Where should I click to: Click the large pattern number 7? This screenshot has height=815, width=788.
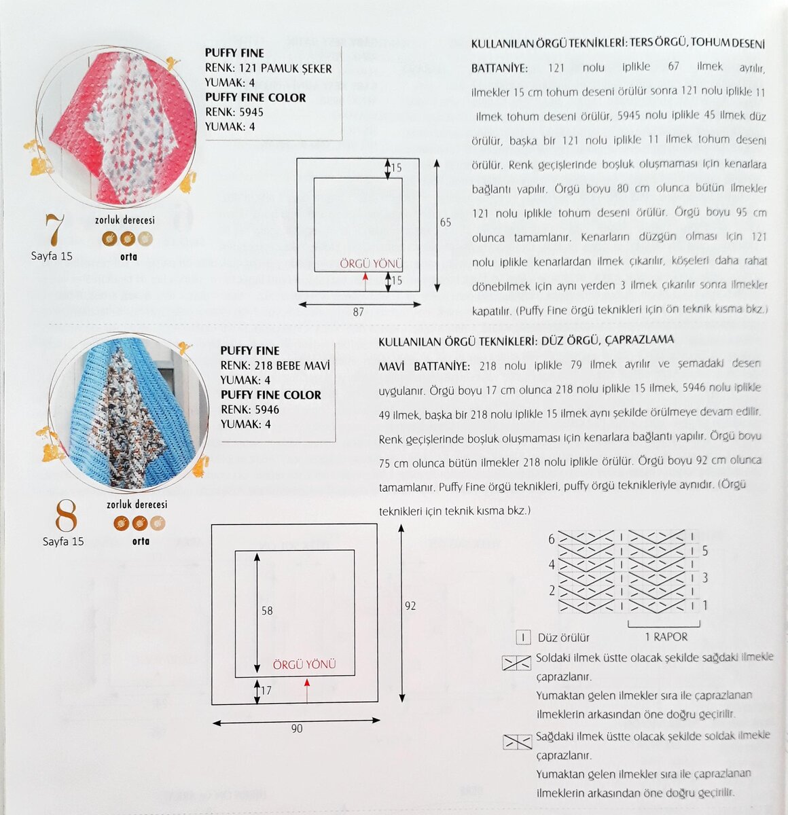click(54, 231)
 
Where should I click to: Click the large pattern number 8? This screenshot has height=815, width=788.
click(66, 518)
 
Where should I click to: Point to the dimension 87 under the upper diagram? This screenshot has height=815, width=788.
click(358, 312)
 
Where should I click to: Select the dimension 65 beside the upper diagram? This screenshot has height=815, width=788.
click(445, 223)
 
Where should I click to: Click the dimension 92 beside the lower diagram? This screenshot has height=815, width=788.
click(410, 606)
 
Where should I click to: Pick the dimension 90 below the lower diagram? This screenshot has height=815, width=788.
click(297, 729)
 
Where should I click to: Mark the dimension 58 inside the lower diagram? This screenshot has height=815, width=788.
click(267, 611)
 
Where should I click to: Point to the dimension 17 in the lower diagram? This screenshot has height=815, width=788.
click(266, 691)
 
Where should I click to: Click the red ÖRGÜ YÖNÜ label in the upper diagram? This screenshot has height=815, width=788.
click(372, 263)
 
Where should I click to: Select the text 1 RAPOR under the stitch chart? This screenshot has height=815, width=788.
click(666, 637)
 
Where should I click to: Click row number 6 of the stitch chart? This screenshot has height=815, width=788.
click(552, 539)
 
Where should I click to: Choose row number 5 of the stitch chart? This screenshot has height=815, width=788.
click(705, 551)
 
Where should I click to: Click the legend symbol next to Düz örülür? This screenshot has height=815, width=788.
click(523, 638)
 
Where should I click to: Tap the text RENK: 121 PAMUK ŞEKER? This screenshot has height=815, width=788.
click(268, 68)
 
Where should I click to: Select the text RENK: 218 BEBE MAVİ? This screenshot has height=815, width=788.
click(274, 365)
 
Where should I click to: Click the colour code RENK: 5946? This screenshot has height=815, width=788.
click(249, 410)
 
